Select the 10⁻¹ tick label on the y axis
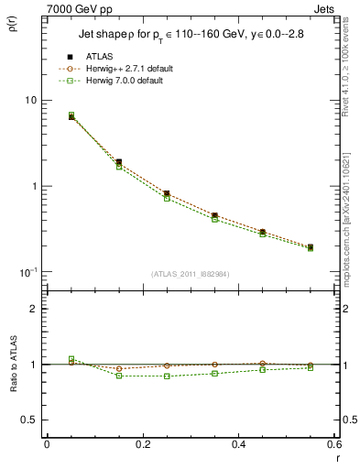27,272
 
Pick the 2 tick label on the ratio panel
33,309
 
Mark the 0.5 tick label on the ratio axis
29,420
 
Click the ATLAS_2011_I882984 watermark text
190,274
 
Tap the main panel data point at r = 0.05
71,116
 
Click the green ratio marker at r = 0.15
119,376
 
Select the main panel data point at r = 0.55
311,247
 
